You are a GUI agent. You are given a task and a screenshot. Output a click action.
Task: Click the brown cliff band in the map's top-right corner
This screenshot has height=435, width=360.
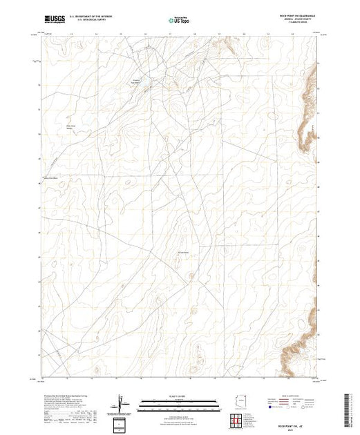(225, 45)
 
